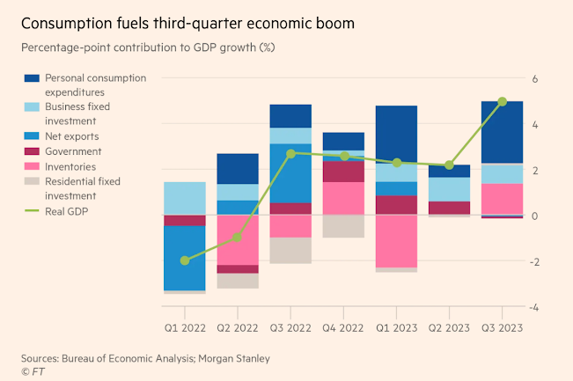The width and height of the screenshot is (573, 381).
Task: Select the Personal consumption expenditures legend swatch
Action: pos(33,78)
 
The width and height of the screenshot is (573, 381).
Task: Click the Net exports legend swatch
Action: pos(33,136)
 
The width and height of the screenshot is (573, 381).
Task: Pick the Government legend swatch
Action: pos(33,151)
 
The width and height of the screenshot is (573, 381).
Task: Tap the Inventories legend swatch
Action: pos(33,166)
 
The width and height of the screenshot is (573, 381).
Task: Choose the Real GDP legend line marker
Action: pos(33,211)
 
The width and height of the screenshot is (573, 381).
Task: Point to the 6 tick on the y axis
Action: pos(534,78)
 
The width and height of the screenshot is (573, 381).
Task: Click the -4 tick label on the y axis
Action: pos(533,307)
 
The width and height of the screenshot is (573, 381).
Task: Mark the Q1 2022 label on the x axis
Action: pos(185,327)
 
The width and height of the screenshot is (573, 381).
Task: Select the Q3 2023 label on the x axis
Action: pos(502,327)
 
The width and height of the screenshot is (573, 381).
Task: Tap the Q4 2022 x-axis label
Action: pos(343,327)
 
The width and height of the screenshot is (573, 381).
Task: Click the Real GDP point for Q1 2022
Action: pos(185,260)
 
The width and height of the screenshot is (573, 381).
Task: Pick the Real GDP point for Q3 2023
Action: pos(502,101)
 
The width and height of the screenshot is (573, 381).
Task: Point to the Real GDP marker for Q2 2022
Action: pos(238,238)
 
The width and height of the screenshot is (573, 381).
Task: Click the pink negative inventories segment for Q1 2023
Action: pos(396,241)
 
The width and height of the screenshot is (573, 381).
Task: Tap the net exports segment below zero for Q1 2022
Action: pos(185,259)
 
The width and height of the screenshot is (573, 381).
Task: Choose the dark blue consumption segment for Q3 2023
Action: pos(502,132)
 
